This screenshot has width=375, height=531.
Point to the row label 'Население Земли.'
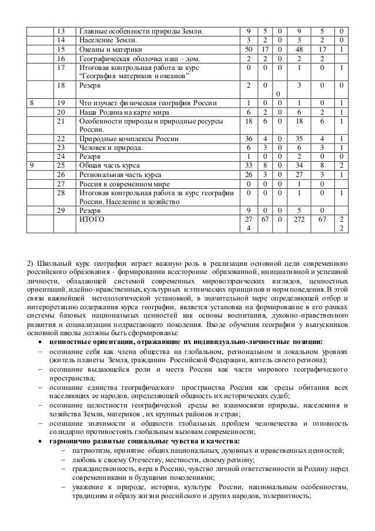(106, 41)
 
